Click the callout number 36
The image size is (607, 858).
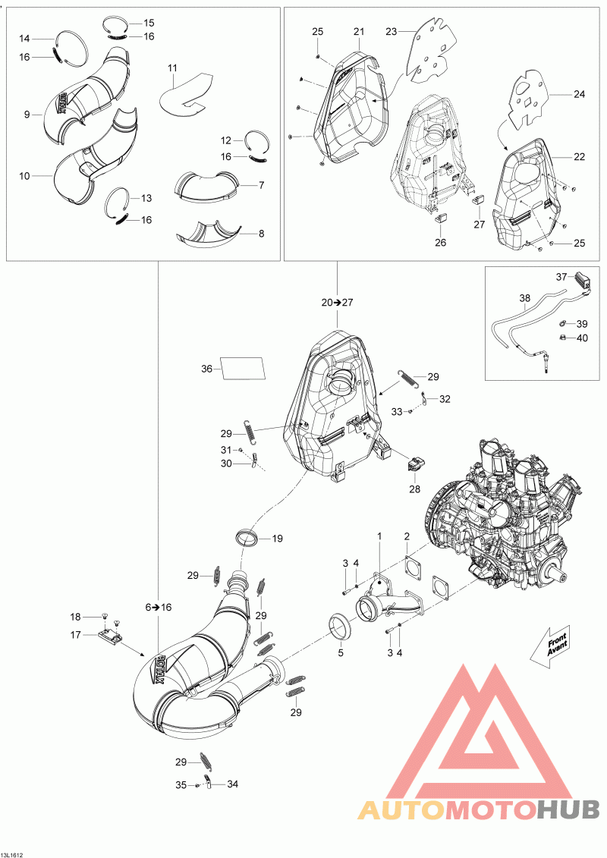pos(206,369)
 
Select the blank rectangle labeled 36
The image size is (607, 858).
pos(242,368)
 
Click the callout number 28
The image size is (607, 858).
pos(415,489)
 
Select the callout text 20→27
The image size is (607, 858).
pos(336,302)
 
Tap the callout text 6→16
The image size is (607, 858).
pos(158,607)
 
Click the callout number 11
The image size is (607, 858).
pos(172,69)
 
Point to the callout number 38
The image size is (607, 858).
pos(525,298)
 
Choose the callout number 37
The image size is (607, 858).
pos(561,276)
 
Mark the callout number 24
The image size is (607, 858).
pos(579,95)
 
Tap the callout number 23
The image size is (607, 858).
pos(392,31)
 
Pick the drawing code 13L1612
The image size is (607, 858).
pos(16,853)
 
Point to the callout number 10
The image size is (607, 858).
pos(25,175)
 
